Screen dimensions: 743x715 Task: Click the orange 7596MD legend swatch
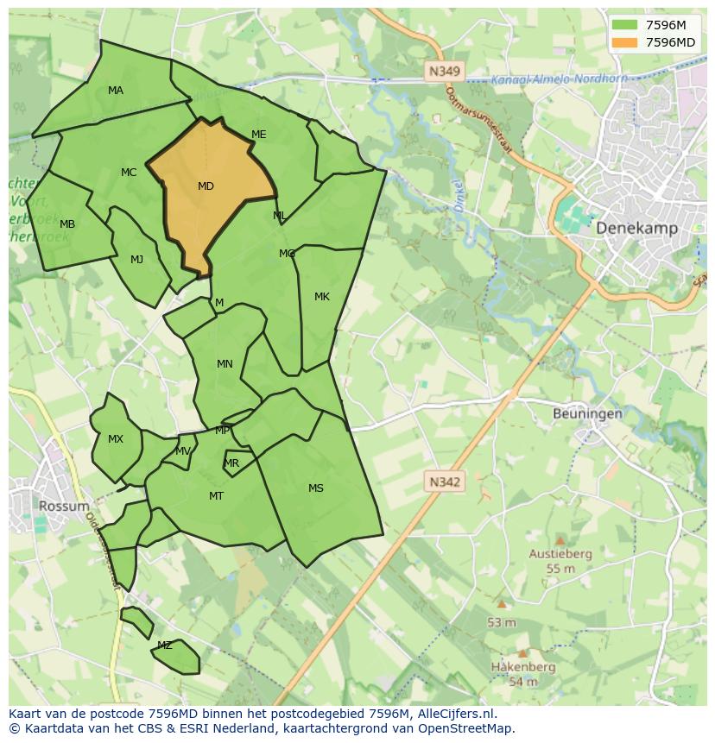coord(625,42)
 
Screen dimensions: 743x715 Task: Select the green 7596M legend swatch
coord(625,25)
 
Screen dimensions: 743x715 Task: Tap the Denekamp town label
coord(636,228)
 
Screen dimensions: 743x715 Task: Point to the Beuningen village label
coord(587,413)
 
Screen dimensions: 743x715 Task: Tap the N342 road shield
coord(445,482)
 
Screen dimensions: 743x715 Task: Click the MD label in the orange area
coord(206,186)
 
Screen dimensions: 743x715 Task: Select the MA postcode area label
coord(116,91)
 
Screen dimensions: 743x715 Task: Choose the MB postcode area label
coord(67,224)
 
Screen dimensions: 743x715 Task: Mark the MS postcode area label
coord(316,488)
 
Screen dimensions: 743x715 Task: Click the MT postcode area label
coord(216,496)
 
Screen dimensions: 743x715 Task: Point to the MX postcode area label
coord(116,439)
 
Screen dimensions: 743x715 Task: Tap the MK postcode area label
coord(322,297)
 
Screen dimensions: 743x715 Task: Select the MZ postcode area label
coord(164,645)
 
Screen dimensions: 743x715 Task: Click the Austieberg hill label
coord(560,554)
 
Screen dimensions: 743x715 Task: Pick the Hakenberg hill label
coord(522,667)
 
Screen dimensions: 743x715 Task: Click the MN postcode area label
coord(225,364)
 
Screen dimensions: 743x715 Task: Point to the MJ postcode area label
coord(136,260)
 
